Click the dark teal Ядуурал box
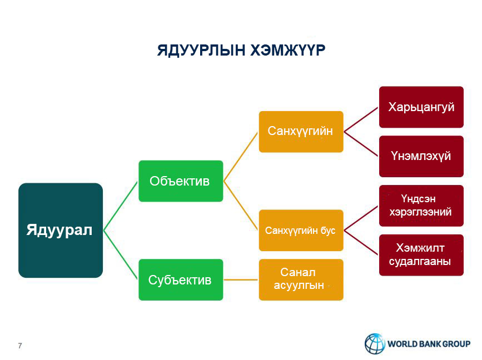point(61,231)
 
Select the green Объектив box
point(181,181)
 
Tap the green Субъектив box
point(181,280)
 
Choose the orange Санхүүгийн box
point(301,132)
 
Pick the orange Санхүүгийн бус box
point(301,231)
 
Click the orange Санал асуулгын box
point(301,280)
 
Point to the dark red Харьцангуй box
point(421,107)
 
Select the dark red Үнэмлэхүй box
point(421,156)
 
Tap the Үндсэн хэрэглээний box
point(421,206)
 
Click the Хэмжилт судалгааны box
point(421,255)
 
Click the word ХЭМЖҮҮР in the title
point(288,50)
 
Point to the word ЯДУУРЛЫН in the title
point(201,51)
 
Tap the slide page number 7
point(20,346)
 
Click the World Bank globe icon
point(375,343)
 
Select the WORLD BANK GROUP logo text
point(429,344)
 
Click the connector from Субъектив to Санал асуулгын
point(241,280)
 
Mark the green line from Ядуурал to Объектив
point(121,206)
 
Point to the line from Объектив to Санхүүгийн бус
point(241,206)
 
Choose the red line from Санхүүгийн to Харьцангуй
point(361,119)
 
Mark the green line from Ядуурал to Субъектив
point(121,255)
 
